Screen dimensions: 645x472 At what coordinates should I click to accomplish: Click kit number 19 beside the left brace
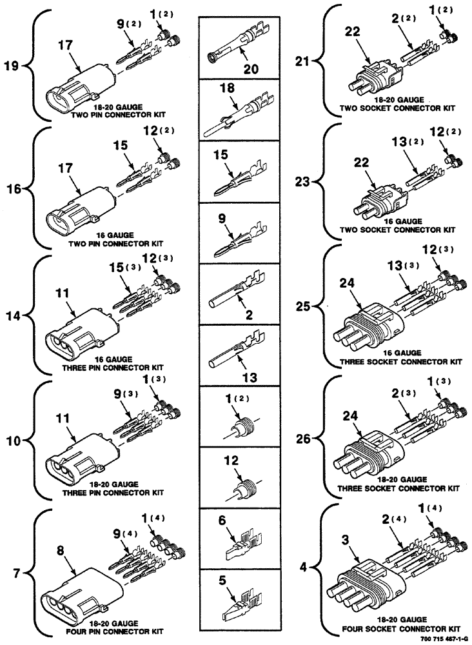[12, 65]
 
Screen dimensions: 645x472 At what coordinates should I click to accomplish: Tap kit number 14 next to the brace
[14, 316]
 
